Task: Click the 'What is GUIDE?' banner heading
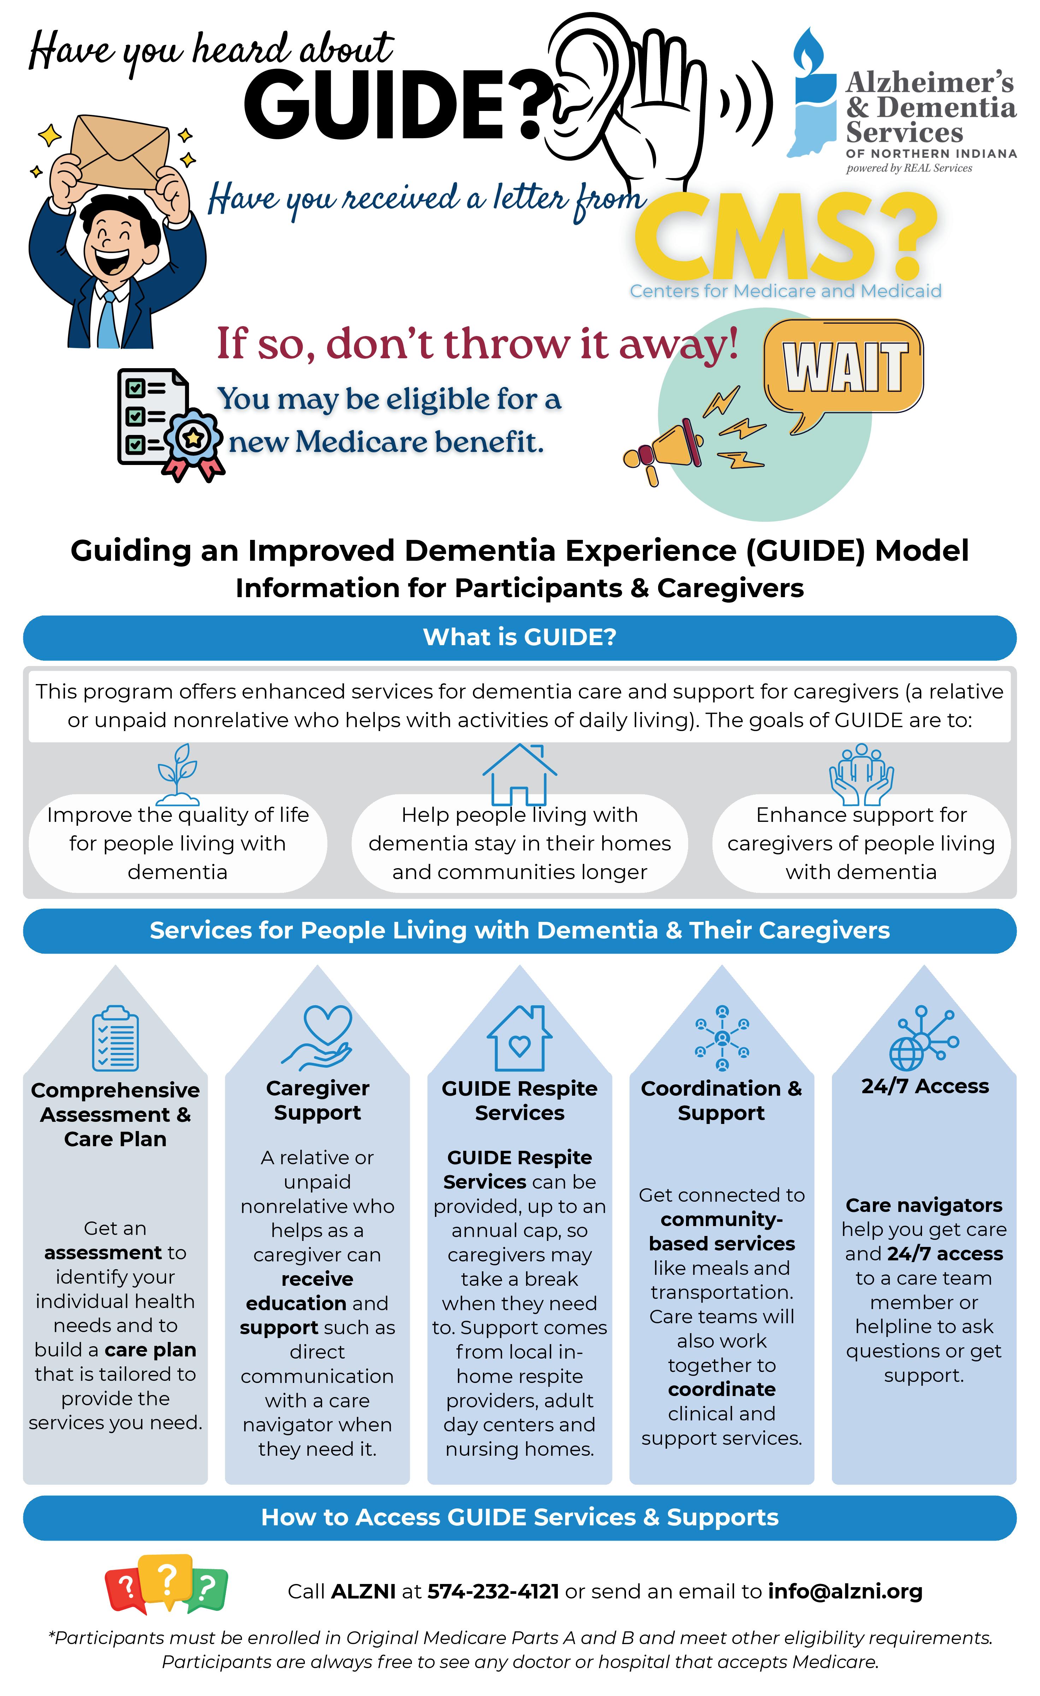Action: coord(520,637)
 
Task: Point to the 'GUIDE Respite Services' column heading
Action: coord(520,1101)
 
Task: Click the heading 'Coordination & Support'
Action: coord(721,1101)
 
